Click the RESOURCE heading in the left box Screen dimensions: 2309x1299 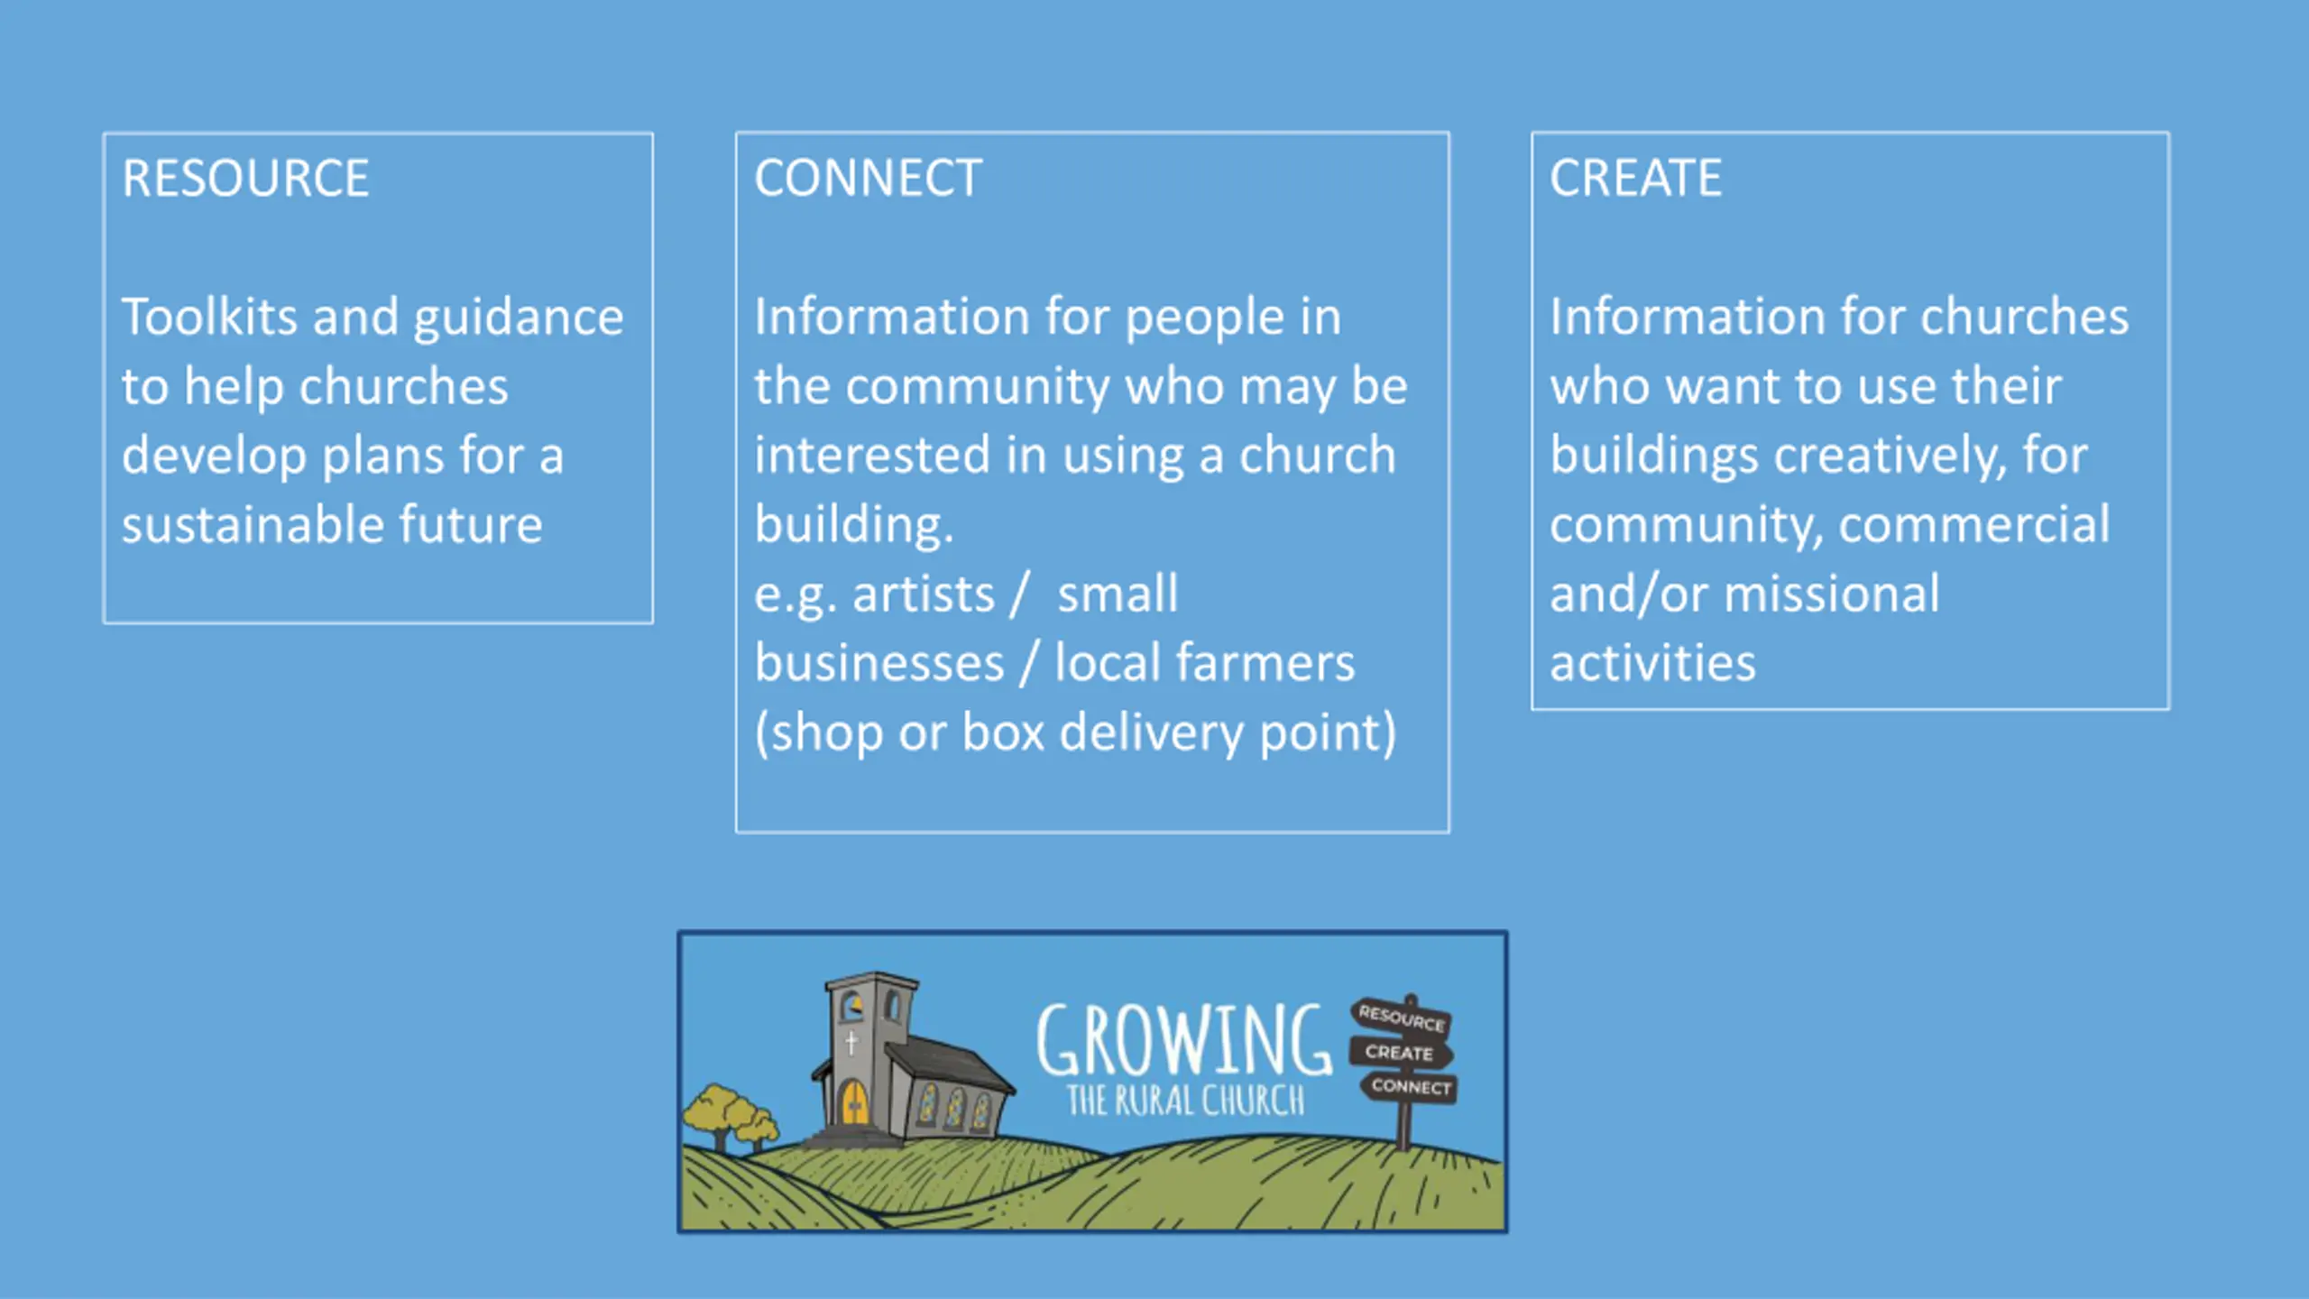pyautogui.click(x=245, y=178)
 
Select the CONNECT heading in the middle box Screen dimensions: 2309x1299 pyautogui.click(x=868, y=178)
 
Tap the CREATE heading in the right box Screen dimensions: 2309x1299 pyautogui.click(x=1635, y=178)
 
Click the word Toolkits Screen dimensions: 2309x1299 pyautogui.click(x=209, y=317)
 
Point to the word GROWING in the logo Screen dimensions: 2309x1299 pyautogui.click(x=1183, y=1042)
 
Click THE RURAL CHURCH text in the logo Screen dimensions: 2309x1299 pyautogui.click(x=1185, y=1101)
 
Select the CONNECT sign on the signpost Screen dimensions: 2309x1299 pyautogui.click(x=1411, y=1087)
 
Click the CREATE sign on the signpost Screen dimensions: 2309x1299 pyautogui.click(x=1399, y=1053)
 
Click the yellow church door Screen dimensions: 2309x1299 pyautogui.click(x=853, y=1101)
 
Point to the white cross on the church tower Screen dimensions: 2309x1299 pyautogui.click(x=851, y=1043)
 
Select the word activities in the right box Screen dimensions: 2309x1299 pyautogui.click(x=1652, y=663)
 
